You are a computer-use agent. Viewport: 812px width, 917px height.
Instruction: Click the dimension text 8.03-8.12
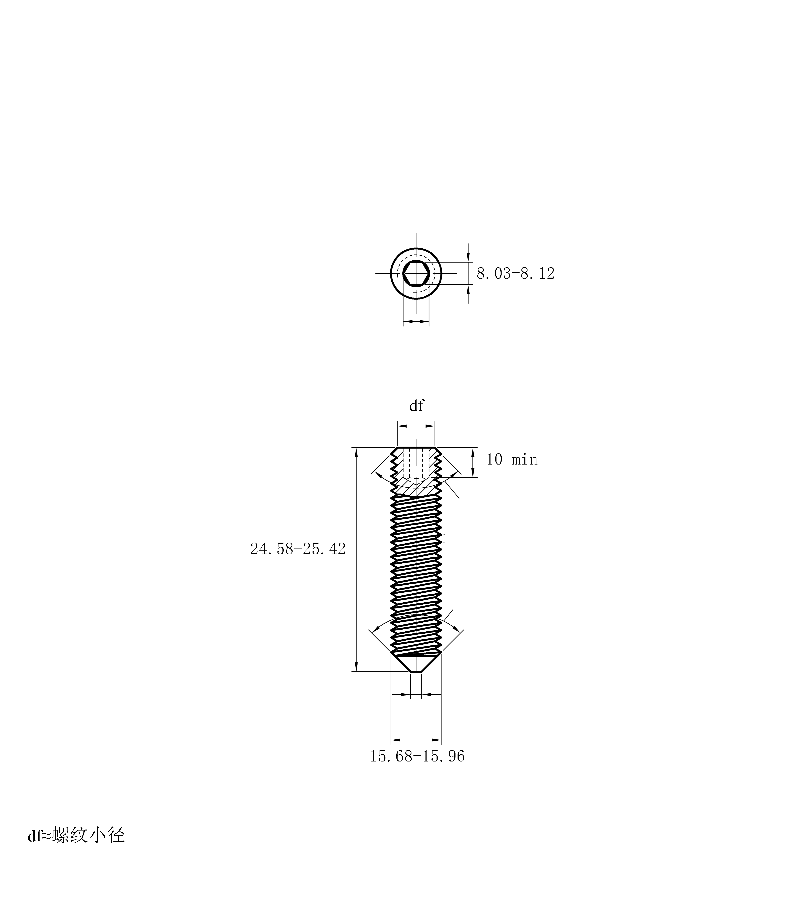tap(515, 273)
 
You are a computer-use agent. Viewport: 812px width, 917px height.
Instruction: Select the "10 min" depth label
tap(512, 459)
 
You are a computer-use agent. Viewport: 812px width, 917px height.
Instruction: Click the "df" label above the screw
tap(416, 406)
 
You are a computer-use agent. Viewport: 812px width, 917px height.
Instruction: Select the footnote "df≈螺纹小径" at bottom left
tap(76, 835)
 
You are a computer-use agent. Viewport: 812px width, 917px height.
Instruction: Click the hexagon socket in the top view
tap(416, 273)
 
